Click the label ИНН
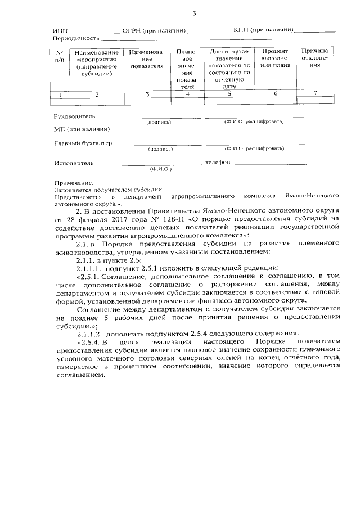(x=60, y=30)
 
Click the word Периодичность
(x=76, y=38)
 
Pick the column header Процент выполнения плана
(x=276, y=58)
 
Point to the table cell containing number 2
(x=96, y=94)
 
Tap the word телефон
(x=218, y=163)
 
